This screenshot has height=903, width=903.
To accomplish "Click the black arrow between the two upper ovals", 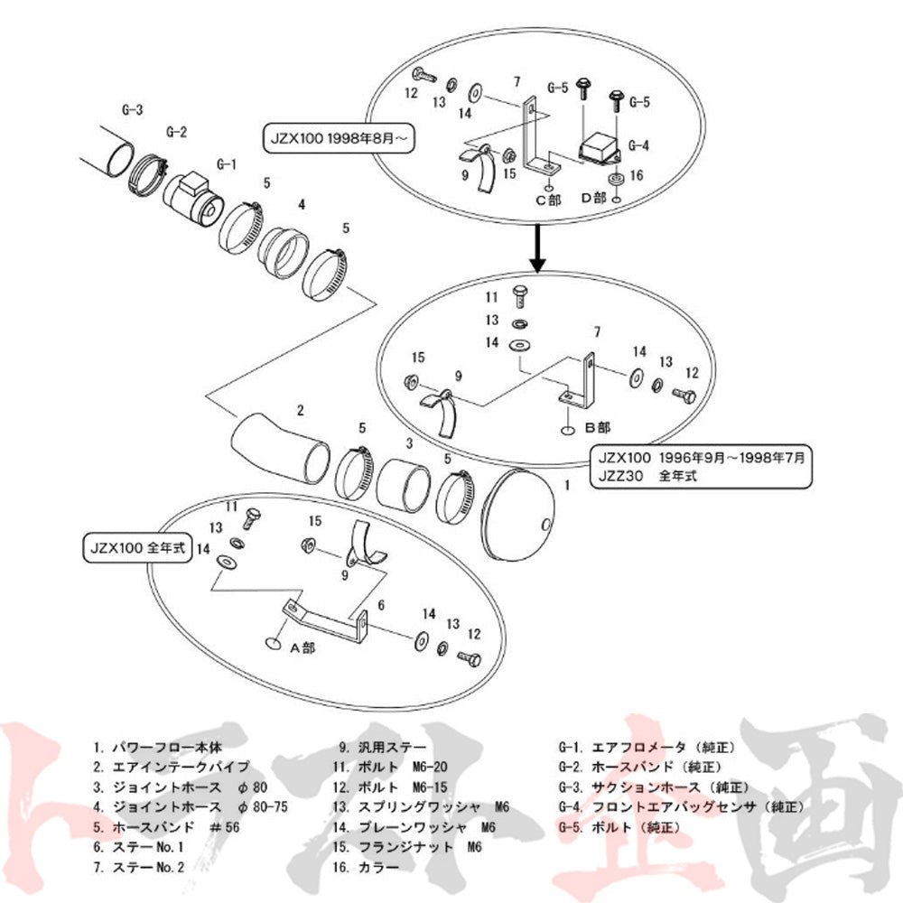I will click(x=537, y=250).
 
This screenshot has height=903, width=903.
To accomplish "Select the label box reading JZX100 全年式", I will click(x=136, y=547).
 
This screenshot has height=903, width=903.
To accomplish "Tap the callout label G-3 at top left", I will click(x=132, y=110).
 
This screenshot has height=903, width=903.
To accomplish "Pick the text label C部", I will click(x=548, y=200).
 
